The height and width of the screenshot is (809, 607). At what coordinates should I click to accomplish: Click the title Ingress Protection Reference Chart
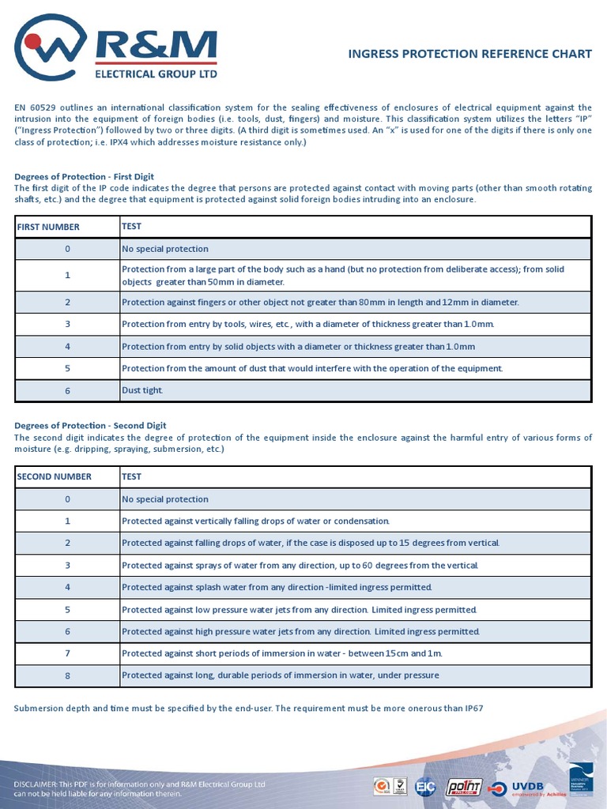click(x=469, y=54)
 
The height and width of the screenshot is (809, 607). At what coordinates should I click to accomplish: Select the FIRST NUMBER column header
click(x=48, y=227)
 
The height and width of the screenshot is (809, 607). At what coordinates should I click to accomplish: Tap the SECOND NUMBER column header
click(x=54, y=476)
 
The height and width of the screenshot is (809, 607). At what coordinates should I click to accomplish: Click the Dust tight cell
click(x=142, y=390)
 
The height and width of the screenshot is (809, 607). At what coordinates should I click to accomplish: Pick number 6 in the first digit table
click(x=67, y=390)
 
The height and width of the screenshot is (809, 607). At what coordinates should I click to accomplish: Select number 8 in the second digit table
click(x=67, y=675)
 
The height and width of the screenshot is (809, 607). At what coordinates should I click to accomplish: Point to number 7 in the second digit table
click(x=67, y=653)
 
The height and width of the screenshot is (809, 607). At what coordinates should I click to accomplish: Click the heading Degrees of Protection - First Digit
click(x=84, y=176)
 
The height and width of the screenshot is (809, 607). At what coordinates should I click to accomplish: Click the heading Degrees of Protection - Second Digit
click(x=90, y=425)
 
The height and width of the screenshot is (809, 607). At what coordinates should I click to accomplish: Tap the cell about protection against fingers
click(x=320, y=302)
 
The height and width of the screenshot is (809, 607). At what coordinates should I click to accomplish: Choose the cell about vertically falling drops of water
click(x=255, y=521)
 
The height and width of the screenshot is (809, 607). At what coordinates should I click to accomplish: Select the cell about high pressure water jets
click(x=300, y=631)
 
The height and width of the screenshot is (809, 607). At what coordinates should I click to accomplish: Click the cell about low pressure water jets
click(x=300, y=610)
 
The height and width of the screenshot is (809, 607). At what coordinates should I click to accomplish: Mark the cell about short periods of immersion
click(x=282, y=653)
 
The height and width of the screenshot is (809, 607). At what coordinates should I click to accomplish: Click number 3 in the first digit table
click(x=67, y=324)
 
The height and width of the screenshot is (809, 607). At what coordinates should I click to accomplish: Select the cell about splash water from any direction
click(x=277, y=587)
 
